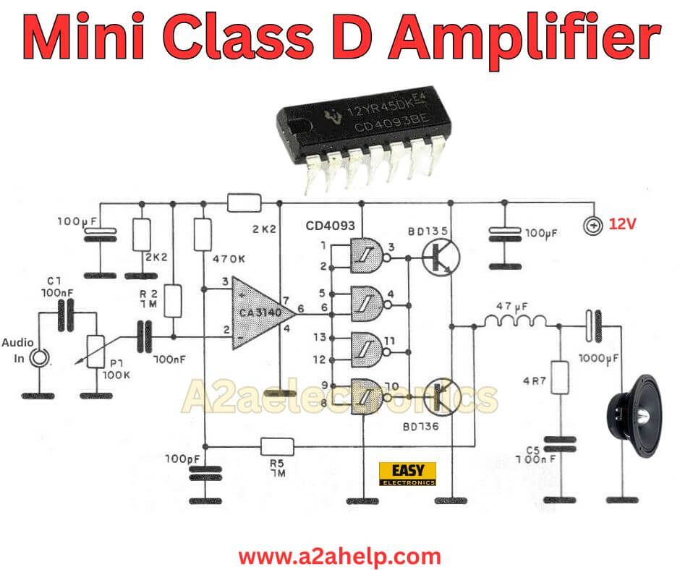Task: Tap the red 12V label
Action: [x=622, y=225]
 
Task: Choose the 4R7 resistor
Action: [x=559, y=377]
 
